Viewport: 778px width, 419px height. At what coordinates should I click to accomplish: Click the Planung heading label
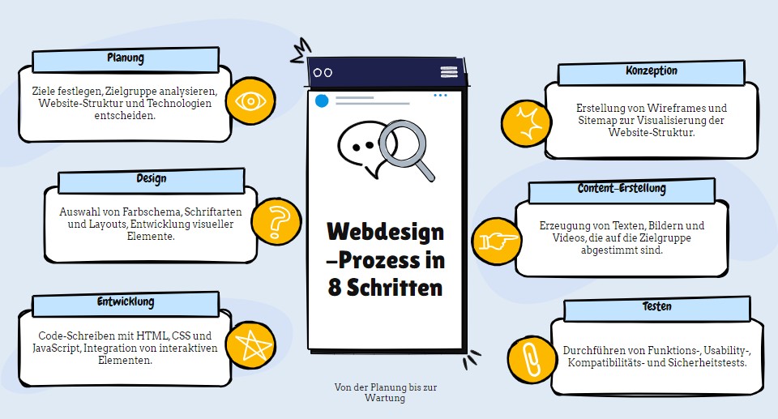pyautogui.click(x=126, y=59)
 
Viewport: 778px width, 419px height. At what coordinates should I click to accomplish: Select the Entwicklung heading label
pyautogui.click(x=126, y=303)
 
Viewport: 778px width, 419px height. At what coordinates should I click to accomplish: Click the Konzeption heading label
pyautogui.click(x=651, y=72)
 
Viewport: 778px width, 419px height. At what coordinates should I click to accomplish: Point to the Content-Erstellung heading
pyautogui.click(x=622, y=190)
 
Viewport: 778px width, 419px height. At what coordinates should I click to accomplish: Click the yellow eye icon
pyautogui.click(x=251, y=102)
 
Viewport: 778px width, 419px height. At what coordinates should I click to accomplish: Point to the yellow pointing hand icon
pyautogui.click(x=495, y=241)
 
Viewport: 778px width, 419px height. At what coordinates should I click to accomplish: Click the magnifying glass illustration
pyautogui.click(x=403, y=147)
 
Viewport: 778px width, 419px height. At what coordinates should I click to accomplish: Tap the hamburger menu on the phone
pyautogui.click(x=449, y=72)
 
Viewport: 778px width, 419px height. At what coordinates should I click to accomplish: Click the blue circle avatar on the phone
pyautogui.click(x=322, y=100)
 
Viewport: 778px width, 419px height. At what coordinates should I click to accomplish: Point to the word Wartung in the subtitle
pyautogui.click(x=385, y=398)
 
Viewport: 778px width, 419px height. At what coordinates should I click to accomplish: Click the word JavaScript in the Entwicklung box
pyautogui.click(x=59, y=348)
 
